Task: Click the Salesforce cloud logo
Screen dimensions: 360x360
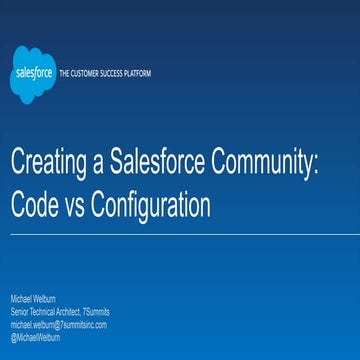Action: click(x=30, y=74)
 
